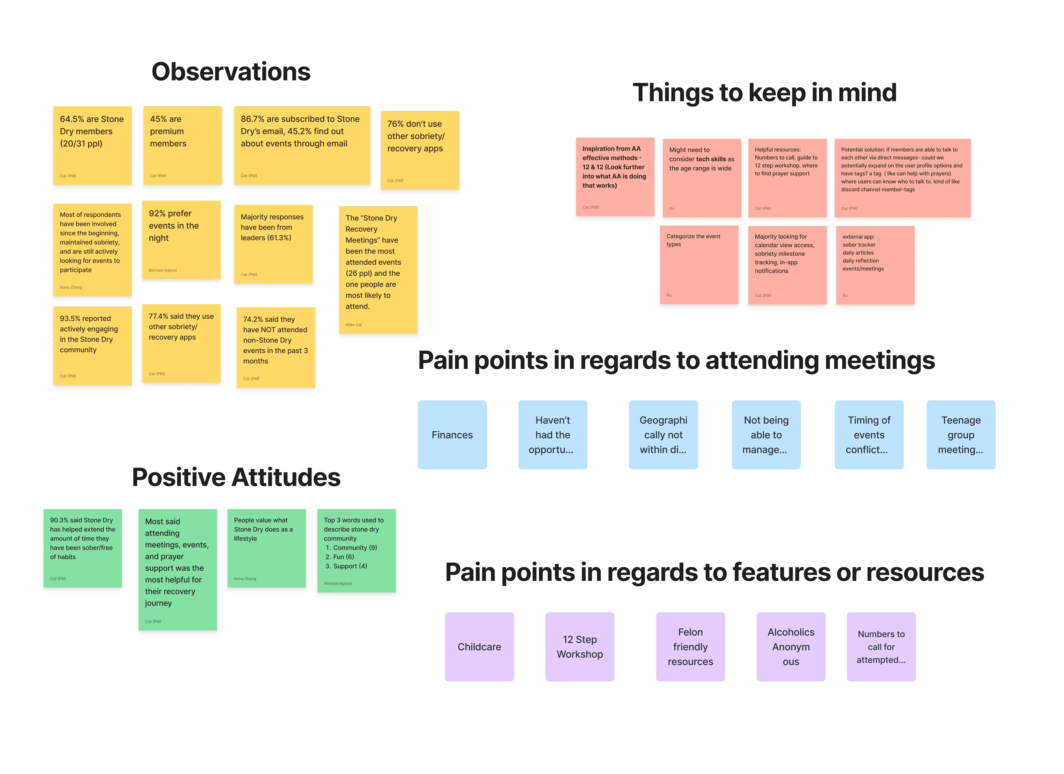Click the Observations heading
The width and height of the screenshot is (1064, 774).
(x=231, y=72)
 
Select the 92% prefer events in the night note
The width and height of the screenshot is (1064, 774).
(x=181, y=240)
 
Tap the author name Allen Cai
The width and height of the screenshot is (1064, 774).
(x=354, y=325)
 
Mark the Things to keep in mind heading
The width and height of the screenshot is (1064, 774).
(x=764, y=92)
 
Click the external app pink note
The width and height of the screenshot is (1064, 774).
(x=875, y=265)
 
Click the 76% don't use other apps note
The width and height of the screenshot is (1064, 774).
(x=419, y=150)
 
